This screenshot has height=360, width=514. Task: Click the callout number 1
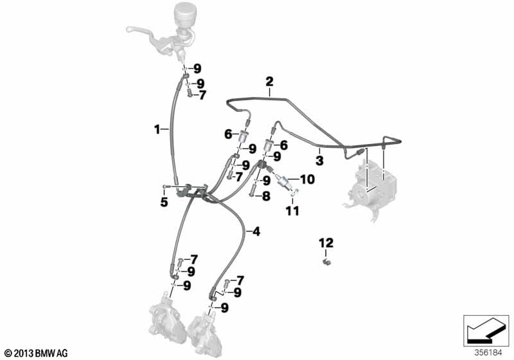pyautogui.click(x=157, y=129)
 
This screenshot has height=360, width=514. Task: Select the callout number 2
pyautogui.click(x=269, y=82)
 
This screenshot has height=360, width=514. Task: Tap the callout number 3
pyautogui.click(x=319, y=161)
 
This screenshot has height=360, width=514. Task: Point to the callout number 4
pyautogui.click(x=256, y=232)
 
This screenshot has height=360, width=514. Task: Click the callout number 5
pyautogui.click(x=164, y=203)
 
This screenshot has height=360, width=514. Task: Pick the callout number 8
pyautogui.click(x=266, y=197)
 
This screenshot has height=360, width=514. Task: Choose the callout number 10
pyautogui.click(x=307, y=179)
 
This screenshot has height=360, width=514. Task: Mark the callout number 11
pyautogui.click(x=292, y=211)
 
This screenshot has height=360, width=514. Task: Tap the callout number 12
pyautogui.click(x=326, y=243)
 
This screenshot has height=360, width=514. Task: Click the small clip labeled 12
pyautogui.click(x=326, y=261)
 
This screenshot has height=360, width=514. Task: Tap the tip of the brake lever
pyautogui.click(x=128, y=29)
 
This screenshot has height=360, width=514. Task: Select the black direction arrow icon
pyautogui.click(x=486, y=331)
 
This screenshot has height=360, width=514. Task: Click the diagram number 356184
pyautogui.click(x=488, y=353)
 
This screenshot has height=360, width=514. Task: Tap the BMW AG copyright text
pyautogui.click(x=37, y=354)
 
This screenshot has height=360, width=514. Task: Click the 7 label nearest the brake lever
pyautogui.click(x=202, y=95)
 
